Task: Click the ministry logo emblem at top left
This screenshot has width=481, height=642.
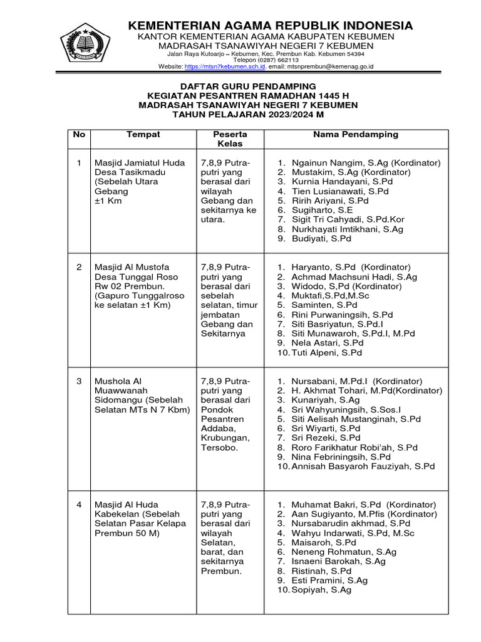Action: tap(85, 44)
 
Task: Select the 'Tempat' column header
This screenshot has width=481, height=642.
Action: tap(143, 135)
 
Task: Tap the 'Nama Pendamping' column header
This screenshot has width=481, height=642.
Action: tap(356, 135)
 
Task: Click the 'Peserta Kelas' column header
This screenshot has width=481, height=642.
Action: tap(230, 139)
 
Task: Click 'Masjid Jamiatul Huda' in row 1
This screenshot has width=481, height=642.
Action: tap(139, 163)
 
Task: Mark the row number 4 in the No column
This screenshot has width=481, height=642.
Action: tap(79, 505)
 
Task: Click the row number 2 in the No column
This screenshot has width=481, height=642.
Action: tap(79, 267)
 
